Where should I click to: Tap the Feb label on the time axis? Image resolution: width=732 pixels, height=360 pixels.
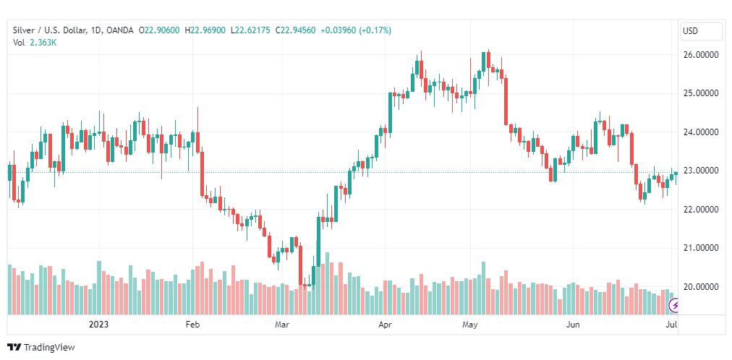pyautogui.click(x=192, y=325)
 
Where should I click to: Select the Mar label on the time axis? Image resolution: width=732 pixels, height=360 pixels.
pyautogui.click(x=282, y=325)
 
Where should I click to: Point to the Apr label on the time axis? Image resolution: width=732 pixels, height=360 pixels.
pyautogui.click(x=385, y=325)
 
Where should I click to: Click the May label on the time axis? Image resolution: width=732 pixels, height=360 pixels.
pyautogui.click(x=471, y=325)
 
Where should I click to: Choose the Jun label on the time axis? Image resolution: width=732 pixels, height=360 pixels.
pyautogui.click(x=573, y=325)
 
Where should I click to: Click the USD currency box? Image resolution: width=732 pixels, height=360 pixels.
pyautogui.click(x=701, y=31)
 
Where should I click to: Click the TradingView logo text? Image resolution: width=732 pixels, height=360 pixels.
pyautogui.click(x=49, y=348)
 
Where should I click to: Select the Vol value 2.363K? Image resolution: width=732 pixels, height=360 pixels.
pyautogui.click(x=43, y=42)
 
